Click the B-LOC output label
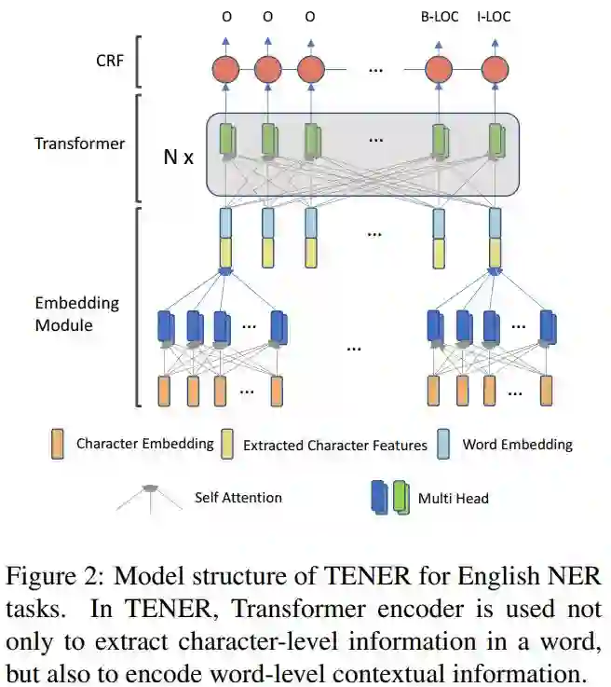pos(439,17)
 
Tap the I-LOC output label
pos(494,17)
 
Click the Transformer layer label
pos(79,144)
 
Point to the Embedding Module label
pos(76,314)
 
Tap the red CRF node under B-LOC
pos(438,68)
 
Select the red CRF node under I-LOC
pos(495,68)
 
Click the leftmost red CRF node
pos(226,68)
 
